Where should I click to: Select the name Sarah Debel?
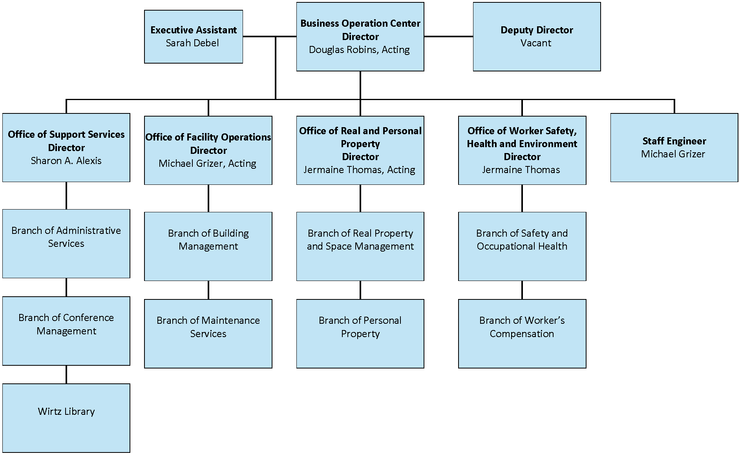(192, 43)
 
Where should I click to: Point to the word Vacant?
(536, 43)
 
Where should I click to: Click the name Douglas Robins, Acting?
(359, 50)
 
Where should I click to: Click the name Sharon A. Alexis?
(66, 161)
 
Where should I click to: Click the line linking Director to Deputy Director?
(448, 36)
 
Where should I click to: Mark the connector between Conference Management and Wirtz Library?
(66, 374)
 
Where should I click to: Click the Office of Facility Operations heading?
(208, 137)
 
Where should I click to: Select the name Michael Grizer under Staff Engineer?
(673, 154)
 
